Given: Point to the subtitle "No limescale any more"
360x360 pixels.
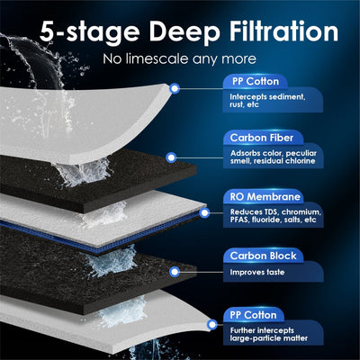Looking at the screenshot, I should click(179, 61).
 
